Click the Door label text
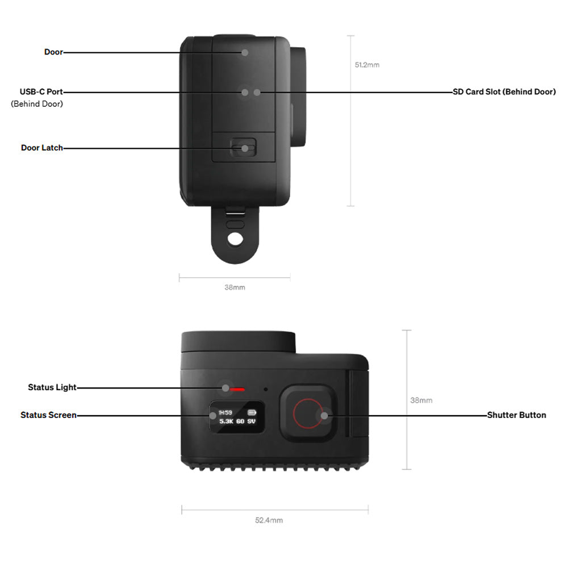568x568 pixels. pos(53,52)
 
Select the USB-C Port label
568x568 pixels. pos(41,91)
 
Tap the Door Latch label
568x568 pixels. pos(41,148)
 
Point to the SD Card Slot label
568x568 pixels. pos(504,91)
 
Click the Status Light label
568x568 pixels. pos(52,387)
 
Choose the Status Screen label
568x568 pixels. pos(48,415)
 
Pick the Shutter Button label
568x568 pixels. pos(516,415)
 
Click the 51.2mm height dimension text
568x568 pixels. pos(367,65)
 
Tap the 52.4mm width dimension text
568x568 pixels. pos(269,520)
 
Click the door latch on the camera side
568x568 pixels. pos(244,148)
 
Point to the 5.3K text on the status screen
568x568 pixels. pos(225,422)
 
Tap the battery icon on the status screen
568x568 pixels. pos(252,412)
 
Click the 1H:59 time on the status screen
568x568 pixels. pos(225,412)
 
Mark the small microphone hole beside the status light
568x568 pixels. pos(265,390)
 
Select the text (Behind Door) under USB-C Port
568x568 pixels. pos(37,104)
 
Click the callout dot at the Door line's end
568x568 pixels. pos(245,52)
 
